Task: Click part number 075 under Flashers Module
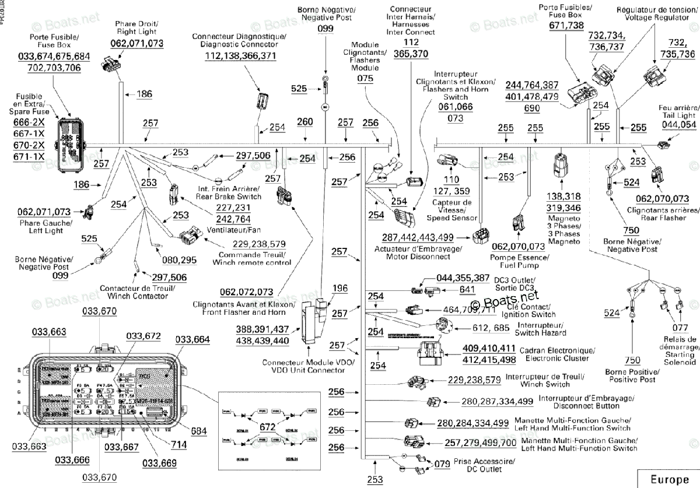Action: (365, 77)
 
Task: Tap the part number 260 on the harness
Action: (305, 122)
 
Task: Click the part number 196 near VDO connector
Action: (340, 289)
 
